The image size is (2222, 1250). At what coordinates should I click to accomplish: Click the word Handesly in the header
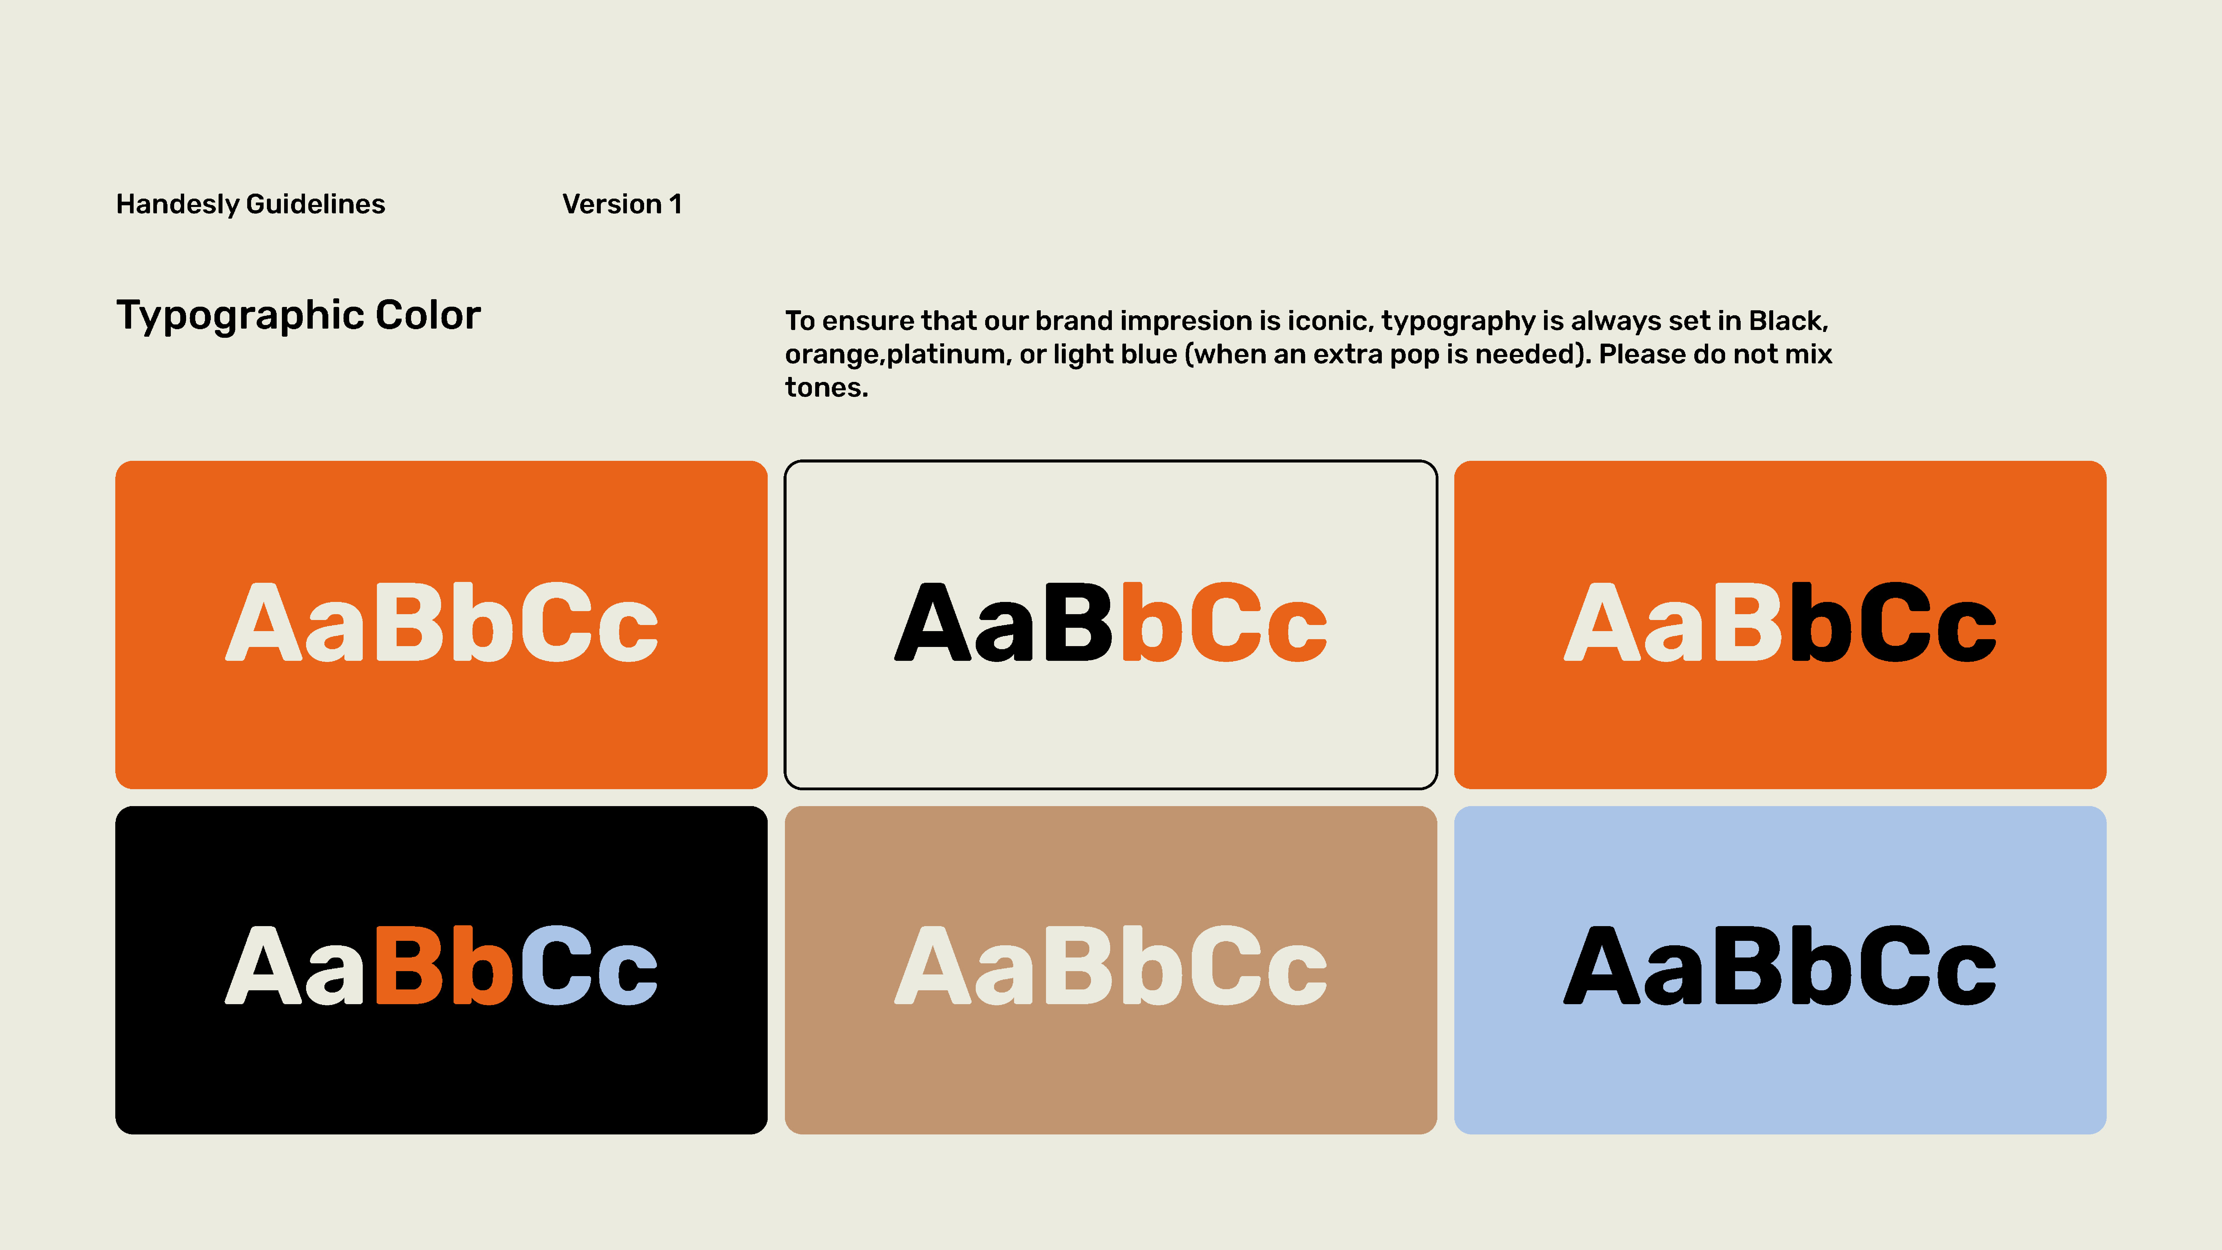[178, 204]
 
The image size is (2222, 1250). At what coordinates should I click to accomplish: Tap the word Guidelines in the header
[316, 204]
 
